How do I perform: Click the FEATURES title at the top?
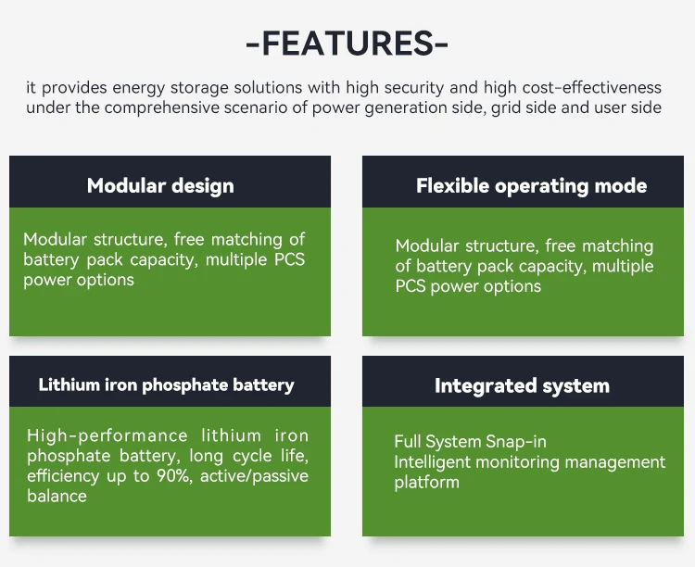[x=347, y=44]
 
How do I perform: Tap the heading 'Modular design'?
[x=160, y=185]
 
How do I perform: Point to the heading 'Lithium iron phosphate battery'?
[x=166, y=384]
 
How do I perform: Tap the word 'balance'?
[x=57, y=497]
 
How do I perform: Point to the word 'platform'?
[x=426, y=483]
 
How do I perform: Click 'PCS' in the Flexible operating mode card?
[x=415, y=286]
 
